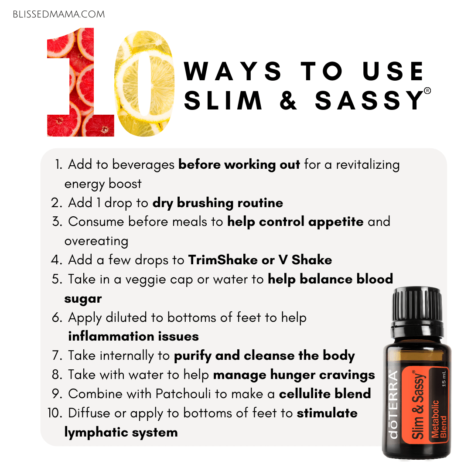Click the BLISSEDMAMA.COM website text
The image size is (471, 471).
click(x=59, y=14)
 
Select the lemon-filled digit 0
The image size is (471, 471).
click(x=145, y=83)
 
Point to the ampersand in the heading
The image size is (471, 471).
click(x=288, y=100)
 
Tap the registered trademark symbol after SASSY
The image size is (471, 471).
click(x=427, y=90)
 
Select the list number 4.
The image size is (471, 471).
click(x=56, y=260)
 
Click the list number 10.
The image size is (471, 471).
click(x=55, y=413)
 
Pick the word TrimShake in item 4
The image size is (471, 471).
click(x=222, y=260)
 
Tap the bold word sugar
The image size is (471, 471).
click(x=83, y=299)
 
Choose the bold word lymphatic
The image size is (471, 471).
click(x=96, y=433)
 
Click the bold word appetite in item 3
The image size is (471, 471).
click(x=336, y=222)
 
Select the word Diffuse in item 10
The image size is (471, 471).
click(x=89, y=413)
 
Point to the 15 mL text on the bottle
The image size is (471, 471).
click(x=444, y=379)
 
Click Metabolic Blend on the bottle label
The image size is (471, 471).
click(x=439, y=418)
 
